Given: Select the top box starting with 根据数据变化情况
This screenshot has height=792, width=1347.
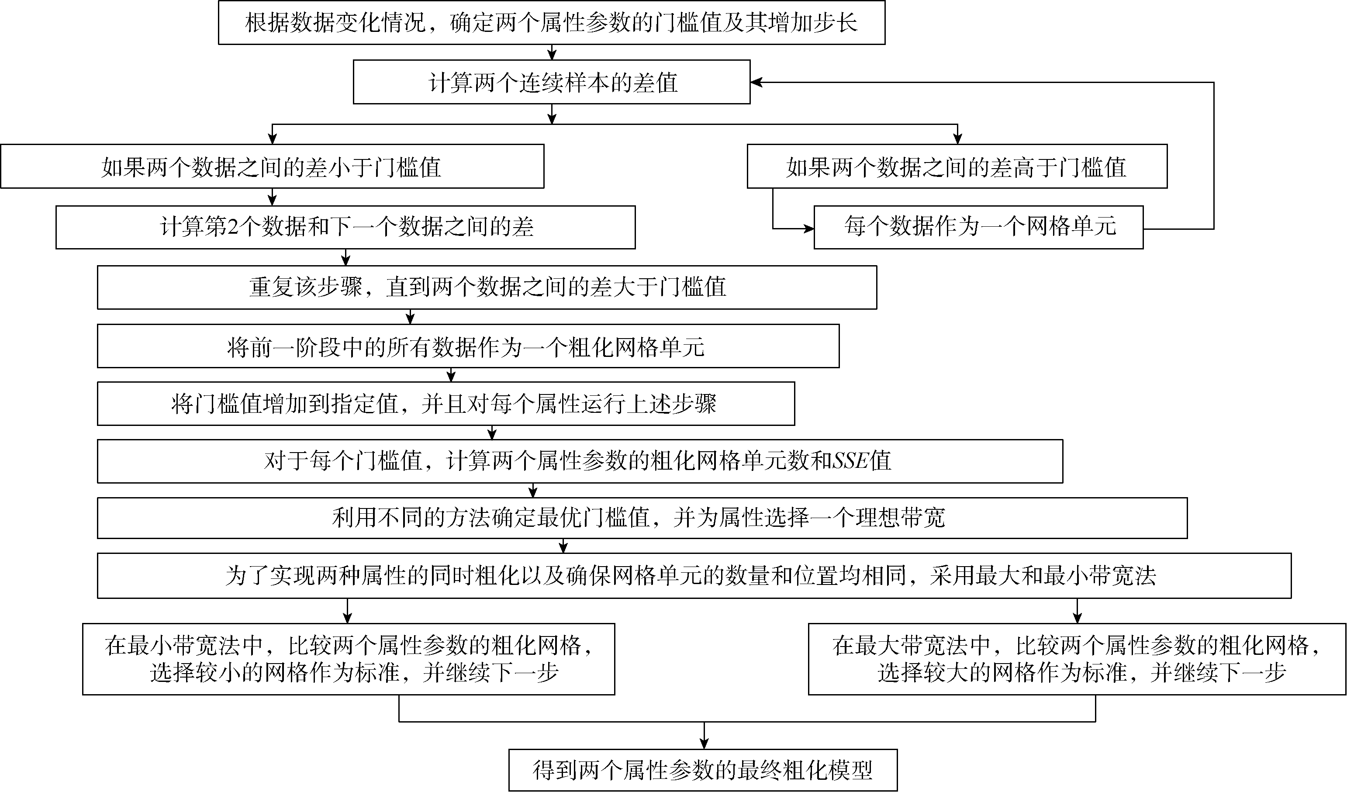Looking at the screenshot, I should coord(552,22).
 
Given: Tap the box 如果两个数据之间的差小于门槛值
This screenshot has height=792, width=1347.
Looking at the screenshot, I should coord(272,167).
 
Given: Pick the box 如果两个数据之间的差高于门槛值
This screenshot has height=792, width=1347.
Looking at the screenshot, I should coord(957,167).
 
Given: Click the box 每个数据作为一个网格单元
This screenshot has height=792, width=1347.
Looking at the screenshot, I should coord(978,227).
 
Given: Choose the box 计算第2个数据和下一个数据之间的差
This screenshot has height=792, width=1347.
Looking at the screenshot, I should coord(345,227).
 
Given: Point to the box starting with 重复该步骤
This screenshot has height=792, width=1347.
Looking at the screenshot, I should coord(487,287).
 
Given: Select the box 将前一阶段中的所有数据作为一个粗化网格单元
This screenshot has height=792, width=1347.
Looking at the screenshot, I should coord(468,346).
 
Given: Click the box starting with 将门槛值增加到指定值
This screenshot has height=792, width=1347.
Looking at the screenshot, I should coord(445,404).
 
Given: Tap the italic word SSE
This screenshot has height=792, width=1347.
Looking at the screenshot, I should coord(850,460).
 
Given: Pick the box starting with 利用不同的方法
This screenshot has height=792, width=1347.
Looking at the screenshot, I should coord(642,518).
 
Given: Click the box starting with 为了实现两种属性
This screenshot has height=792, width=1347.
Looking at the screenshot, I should coord(694,576).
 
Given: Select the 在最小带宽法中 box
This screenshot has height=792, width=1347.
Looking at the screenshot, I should coord(349,659).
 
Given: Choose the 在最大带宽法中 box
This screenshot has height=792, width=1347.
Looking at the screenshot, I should coord(1077,659).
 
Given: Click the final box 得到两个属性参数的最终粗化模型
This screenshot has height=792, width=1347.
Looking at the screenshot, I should coord(703,770).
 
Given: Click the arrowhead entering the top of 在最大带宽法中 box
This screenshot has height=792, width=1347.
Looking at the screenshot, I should coord(1077,618).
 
